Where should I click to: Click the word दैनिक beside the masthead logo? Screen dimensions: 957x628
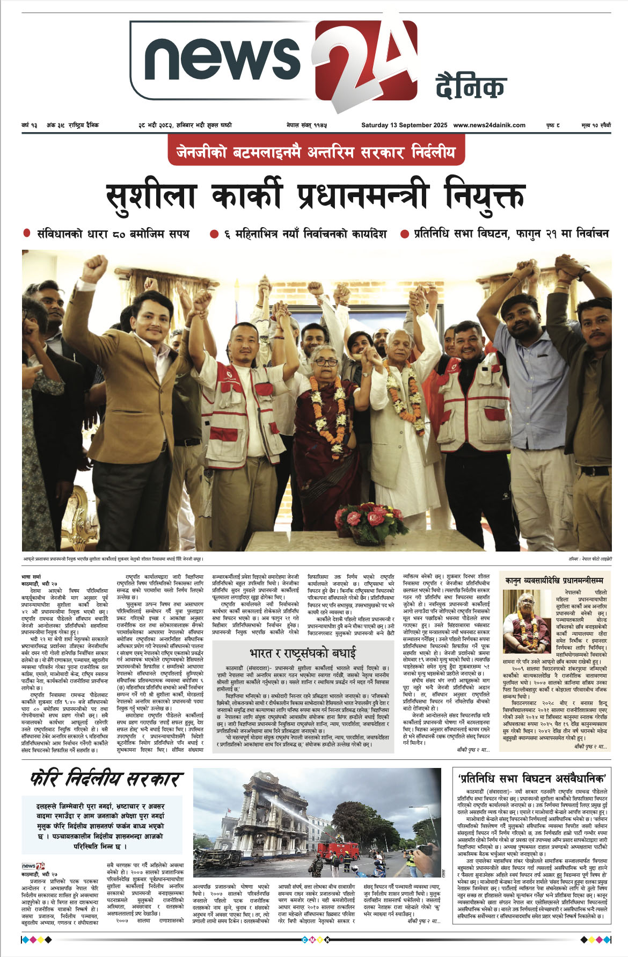pyautogui.click(x=471, y=86)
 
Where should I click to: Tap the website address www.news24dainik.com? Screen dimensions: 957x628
pyautogui.click(x=489, y=125)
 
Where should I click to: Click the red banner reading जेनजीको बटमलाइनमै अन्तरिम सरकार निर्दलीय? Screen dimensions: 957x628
pyautogui.click(x=316, y=153)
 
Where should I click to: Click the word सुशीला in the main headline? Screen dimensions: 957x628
pyautogui.click(x=151, y=197)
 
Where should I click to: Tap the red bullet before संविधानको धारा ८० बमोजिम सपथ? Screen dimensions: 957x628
pyautogui.click(x=27, y=234)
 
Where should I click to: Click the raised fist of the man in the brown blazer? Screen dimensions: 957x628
pyautogui.click(x=95, y=267)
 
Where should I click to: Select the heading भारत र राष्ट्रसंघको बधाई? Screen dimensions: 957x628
pyautogui.click(x=302, y=653)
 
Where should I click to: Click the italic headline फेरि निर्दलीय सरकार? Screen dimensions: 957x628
pyautogui.click(x=107, y=779)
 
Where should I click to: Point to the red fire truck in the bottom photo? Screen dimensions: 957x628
pyautogui.click(x=338, y=850)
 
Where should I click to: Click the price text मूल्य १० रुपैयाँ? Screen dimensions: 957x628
pyautogui.click(x=596, y=125)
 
